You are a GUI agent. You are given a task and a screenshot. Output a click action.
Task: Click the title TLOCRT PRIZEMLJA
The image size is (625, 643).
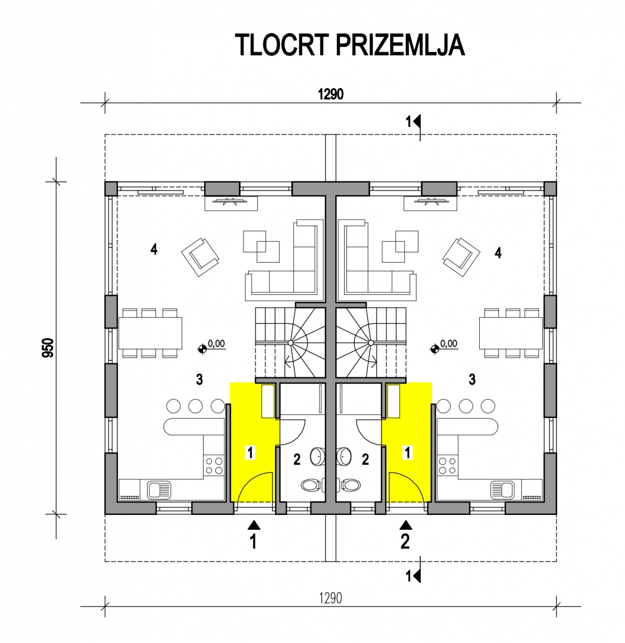click(x=350, y=45)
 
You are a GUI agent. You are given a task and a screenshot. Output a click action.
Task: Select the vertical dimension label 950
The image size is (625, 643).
click(x=48, y=347)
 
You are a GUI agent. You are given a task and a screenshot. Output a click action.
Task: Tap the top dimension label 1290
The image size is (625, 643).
click(x=330, y=94)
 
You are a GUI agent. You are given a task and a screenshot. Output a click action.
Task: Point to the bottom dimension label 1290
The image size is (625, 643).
click(x=330, y=598)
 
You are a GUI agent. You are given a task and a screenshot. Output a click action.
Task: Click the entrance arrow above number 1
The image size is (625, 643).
click(x=254, y=525)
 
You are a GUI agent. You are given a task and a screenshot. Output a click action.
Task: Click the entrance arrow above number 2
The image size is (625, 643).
click(x=406, y=525)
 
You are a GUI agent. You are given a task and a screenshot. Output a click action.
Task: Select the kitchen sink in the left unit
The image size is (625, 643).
click(x=159, y=489)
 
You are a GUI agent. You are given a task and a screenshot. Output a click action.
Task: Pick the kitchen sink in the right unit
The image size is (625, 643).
click(x=502, y=489)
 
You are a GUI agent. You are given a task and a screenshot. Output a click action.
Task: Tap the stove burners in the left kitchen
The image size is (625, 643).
click(x=214, y=466)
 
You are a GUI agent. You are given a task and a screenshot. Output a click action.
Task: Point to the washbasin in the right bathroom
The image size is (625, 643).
click(x=344, y=457)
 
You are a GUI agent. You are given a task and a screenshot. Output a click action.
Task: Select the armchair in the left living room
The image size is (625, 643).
click(x=200, y=257)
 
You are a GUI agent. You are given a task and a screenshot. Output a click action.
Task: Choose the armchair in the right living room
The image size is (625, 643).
click(x=461, y=257)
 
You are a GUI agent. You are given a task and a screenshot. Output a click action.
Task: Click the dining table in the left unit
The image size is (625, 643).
click(x=151, y=333)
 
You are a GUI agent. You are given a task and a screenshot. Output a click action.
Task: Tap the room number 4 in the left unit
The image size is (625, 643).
click(x=154, y=249)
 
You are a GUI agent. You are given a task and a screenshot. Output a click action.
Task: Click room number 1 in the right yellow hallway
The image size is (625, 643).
click(x=407, y=452)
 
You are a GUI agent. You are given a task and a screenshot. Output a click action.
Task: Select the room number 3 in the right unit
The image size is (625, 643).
click(x=473, y=379)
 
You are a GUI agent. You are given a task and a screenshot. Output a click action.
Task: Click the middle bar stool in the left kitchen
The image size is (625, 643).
click(x=195, y=406)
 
